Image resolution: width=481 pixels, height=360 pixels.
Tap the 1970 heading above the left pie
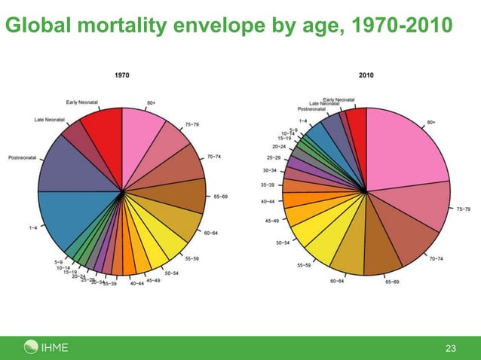tap(121, 75)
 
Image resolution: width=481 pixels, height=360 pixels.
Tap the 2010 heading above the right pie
tap(366, 75)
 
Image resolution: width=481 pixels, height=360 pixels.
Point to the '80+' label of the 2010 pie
tap(432, 121)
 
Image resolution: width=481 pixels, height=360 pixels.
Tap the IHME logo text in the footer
tap(55, 347)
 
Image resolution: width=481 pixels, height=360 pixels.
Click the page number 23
tap(451, 348)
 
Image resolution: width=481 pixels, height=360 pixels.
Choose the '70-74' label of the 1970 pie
tap(213, 157)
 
